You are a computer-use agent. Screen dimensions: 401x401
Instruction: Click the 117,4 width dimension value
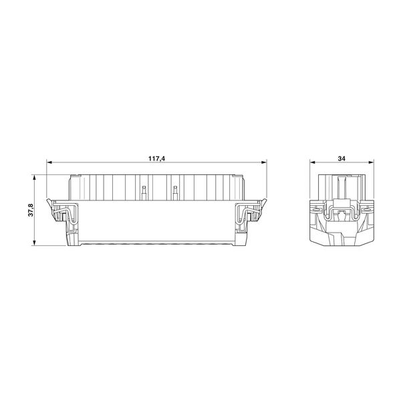pos(156,158)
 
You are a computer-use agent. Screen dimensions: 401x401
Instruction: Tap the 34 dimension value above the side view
pos(342,158)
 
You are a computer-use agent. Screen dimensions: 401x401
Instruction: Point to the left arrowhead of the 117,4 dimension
pos(49,164)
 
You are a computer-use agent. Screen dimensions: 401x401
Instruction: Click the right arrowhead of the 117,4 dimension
pos(264,164)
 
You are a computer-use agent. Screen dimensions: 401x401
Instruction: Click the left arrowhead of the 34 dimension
pos(313,164)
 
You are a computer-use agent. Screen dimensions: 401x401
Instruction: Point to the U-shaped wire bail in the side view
pos(342,213)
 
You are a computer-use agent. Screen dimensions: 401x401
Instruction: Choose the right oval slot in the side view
pos(367,209)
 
